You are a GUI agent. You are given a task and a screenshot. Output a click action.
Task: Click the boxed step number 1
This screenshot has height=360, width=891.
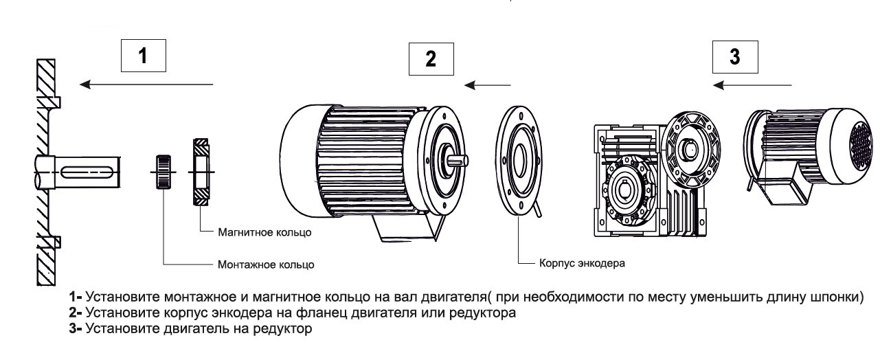coord(143,57)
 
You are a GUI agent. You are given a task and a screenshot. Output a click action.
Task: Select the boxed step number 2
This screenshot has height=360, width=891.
coord(431,58)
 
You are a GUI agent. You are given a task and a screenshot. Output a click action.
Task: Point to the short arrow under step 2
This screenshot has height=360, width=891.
coord(488,86)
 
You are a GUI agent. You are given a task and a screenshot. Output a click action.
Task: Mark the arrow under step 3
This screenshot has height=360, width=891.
coord(753,85)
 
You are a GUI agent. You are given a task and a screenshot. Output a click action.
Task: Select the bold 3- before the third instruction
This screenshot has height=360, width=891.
coord(76,329)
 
